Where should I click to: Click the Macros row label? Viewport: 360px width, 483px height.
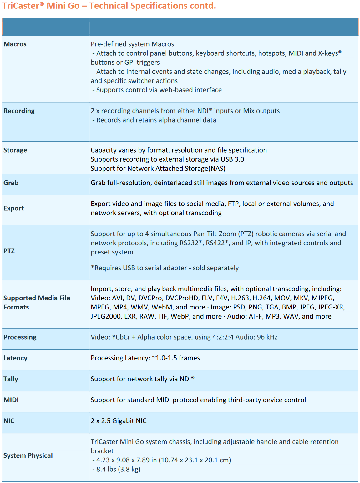click(x=15, y=44)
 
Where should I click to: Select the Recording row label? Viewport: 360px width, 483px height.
click(x=19, y=111)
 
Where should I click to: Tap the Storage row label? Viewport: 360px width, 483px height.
click(x=15, y=150)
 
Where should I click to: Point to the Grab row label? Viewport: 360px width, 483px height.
click(x=11, y=183)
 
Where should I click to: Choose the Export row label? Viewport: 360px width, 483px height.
click(x=14, y=208)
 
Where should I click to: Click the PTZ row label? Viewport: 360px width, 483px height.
click(x=9, y=251)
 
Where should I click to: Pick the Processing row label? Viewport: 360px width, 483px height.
click(x=20, y=337)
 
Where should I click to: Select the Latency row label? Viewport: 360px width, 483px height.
click(x=15, y=358)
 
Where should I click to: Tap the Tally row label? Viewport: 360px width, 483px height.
click(x=11, y=379)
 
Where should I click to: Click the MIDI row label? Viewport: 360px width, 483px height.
click(x=11, y=400)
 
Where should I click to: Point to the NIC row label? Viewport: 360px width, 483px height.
click(x=9, y=421)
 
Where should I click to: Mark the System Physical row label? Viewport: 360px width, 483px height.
click(x=28, y=455)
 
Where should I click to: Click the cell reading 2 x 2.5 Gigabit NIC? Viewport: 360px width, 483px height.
click(x=119, y=421)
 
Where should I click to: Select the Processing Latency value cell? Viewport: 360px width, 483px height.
click(x=145, y=358)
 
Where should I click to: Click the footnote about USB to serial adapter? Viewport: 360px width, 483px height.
click(x=165, y=268)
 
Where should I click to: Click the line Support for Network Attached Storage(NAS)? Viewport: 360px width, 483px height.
click(x=158, y=169)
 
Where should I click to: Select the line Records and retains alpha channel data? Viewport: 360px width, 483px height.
click(x=156, y=120)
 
